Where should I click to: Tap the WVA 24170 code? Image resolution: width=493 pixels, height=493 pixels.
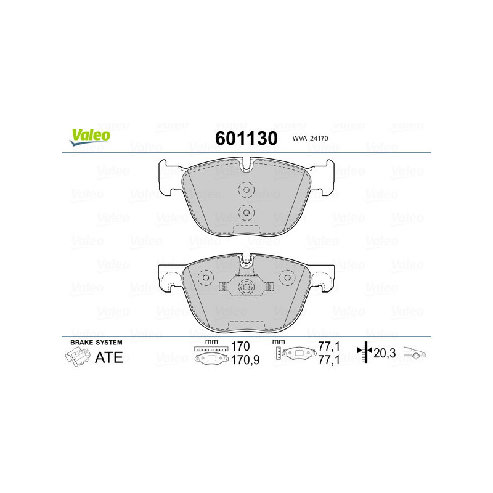click(311, 140)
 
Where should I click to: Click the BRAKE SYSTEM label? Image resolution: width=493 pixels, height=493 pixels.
click(96, 342)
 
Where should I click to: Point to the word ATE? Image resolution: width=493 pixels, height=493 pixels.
click(108, 357)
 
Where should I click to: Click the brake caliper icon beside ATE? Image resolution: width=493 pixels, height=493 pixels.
click(76, 357)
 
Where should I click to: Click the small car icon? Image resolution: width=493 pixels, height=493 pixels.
click(414, 353)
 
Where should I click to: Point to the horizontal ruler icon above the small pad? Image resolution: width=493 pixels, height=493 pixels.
click(211, 349)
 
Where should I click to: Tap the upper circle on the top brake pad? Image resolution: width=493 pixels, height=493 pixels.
click(246, 190)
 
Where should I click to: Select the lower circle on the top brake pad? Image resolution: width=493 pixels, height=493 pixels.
click(246, 213)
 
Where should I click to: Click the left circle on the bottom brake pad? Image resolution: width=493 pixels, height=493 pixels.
click(205, 277)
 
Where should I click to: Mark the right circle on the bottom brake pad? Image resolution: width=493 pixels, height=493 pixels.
click(287, 277)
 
